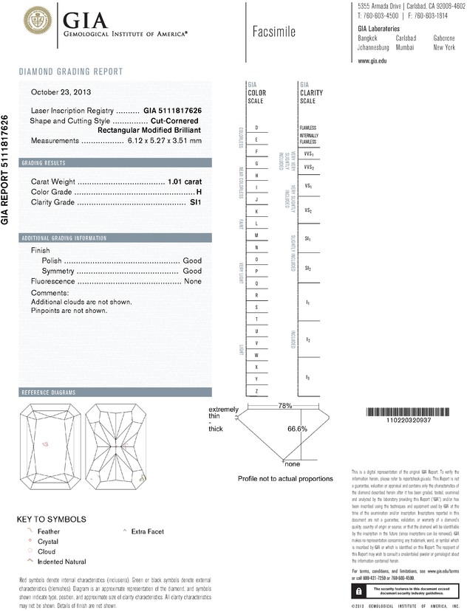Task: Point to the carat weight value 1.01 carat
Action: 185,181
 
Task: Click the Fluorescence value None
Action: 193,281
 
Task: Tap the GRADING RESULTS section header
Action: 44,162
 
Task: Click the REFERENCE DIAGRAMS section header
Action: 49,392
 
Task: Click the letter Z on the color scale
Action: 256,390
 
